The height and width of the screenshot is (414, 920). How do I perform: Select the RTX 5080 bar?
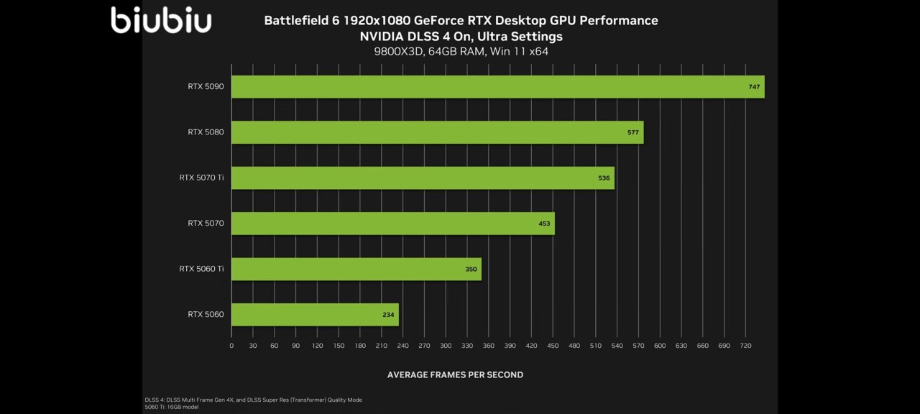[x=437, y=132]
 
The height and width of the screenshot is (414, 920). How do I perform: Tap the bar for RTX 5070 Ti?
[x=423, y=178]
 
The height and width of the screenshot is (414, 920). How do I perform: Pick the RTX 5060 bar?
[x=315, y=314]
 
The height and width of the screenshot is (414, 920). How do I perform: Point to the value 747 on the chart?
[x=754, y=87]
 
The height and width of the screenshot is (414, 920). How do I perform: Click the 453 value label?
[x=544, y=224]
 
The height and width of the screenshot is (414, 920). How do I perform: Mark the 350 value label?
[x=471, y=269]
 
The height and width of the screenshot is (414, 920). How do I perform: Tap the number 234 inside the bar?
[x=388, y=314]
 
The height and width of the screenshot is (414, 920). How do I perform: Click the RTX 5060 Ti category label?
[x=201, y=269]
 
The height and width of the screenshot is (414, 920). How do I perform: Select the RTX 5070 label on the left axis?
[x=206, y=224]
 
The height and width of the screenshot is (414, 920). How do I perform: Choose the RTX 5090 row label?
[x=206, y=87]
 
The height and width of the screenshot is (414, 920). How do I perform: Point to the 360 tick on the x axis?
[x=488, y=346]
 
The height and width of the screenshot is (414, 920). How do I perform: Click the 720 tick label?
[x=745, y=346]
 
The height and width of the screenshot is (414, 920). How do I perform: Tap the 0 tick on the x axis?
[x=231, y=346]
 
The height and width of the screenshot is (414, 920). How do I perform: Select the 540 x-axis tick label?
[x=617, y=346]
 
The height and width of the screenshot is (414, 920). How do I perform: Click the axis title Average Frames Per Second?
[x=455, y=374]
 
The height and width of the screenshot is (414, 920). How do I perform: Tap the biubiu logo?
[x=161, y=19]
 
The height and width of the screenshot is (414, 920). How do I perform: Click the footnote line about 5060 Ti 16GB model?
[x=172, y=407]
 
